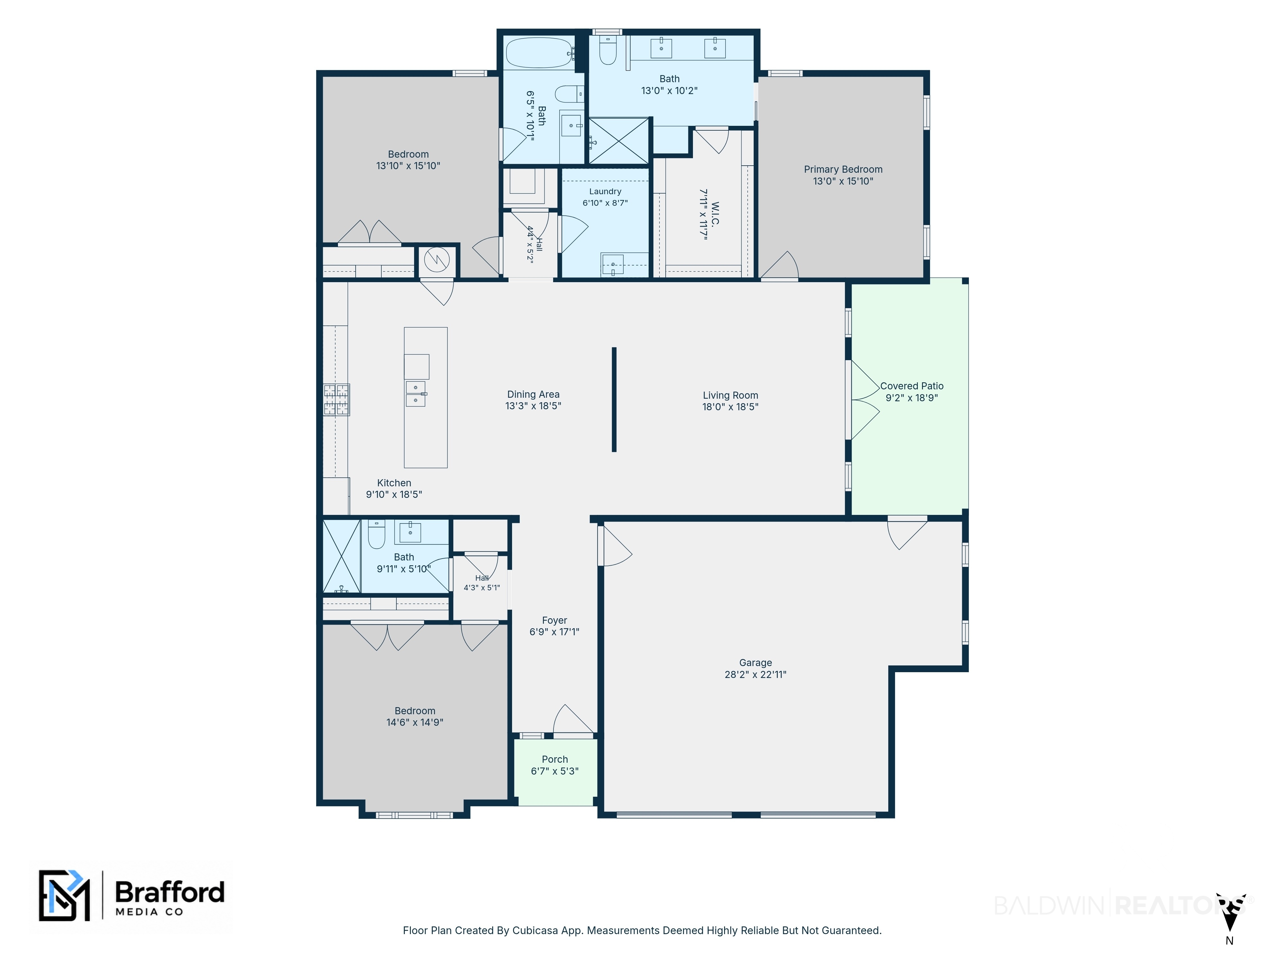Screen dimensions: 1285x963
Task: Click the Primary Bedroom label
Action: (843, 169)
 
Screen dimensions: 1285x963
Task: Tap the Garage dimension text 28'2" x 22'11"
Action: (755, 674)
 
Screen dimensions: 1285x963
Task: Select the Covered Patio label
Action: (911, 386)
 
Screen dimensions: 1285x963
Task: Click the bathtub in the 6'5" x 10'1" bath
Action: (539, 53)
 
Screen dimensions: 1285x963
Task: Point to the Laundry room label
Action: (605, 192)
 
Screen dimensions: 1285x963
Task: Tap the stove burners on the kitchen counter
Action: (336, 400)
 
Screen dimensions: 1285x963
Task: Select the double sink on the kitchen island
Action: (415, 394)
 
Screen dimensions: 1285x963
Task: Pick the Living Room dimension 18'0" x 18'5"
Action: (730, 407)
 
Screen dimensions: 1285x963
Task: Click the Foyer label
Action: (554, 620)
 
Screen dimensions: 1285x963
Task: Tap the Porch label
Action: (555, 759)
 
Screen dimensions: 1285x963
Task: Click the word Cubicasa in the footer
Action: (533, 931)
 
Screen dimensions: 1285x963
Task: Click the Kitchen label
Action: (394, 483)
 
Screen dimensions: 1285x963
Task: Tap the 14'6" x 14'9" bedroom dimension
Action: (415, 723)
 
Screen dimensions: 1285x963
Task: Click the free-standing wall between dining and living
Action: (614, 399)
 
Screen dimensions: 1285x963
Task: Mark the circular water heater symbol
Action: (437, 260)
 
